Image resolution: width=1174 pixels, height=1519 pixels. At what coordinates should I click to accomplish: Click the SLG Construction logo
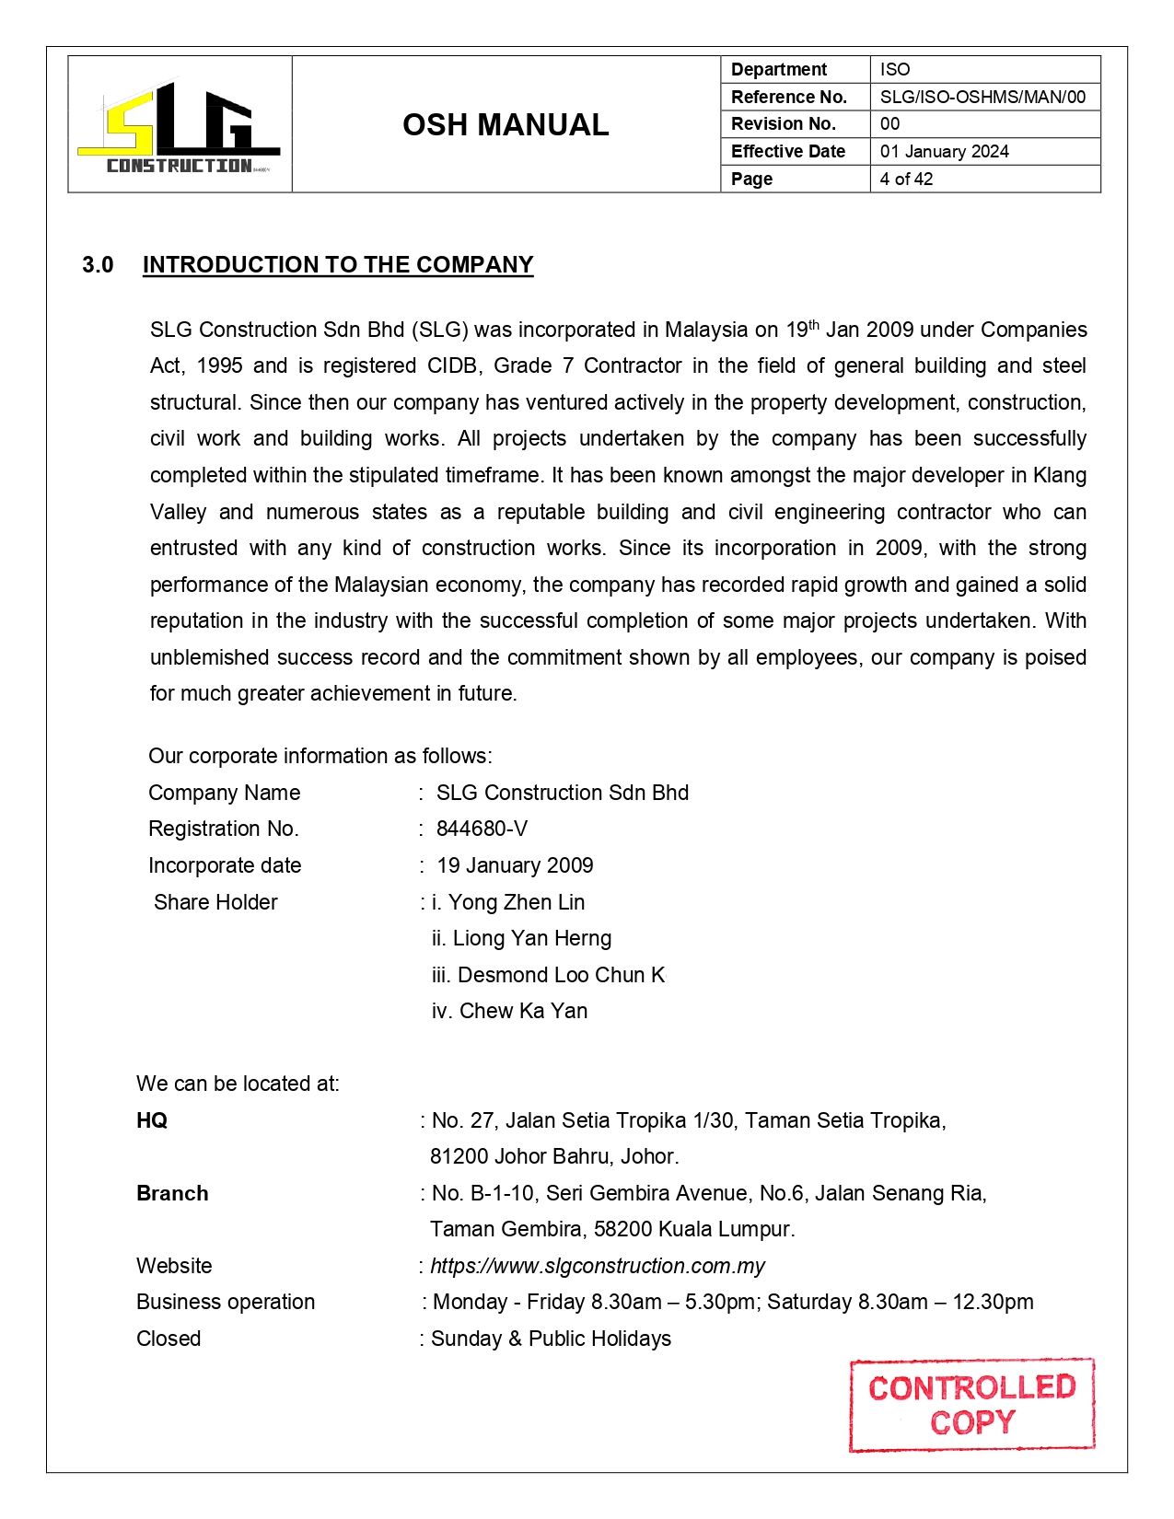[180, 126]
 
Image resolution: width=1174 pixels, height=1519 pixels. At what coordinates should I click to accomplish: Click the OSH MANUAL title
[506, 125]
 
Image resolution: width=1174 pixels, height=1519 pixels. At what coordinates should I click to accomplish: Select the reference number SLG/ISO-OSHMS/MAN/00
[982, 97]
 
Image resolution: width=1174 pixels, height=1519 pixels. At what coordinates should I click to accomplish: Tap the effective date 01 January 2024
[944, 151]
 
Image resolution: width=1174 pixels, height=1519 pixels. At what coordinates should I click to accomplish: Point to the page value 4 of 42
[906, 179]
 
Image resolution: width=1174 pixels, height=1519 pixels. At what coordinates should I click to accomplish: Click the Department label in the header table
[779, 69]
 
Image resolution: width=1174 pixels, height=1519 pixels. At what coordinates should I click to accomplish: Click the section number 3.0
[98, 265]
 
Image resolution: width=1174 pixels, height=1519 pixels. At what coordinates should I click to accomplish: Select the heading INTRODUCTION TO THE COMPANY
[338, 265]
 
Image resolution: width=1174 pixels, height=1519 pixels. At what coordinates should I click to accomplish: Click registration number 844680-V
[482, 829]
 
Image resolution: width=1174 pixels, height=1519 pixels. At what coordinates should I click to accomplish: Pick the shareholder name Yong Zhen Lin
[517, 902]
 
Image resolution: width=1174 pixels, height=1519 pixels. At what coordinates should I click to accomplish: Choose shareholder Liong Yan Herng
[532, 938]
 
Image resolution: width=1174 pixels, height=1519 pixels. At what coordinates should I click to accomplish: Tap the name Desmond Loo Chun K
[561, 975]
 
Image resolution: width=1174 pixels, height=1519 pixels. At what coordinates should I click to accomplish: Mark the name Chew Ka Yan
[523, 1011]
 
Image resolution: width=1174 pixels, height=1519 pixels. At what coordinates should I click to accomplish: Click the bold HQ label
[152, 1120]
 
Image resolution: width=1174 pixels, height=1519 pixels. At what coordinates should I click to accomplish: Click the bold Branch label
[172, 1193]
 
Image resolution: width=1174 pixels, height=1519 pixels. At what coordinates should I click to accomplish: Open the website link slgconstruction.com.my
[598, 1266]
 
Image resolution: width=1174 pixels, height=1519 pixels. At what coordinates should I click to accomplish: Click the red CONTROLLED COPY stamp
[971, 1405]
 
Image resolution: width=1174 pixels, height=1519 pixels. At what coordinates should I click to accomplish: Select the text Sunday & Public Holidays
[551, 1339]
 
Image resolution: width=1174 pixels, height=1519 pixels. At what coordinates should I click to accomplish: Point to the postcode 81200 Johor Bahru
[554, 1156]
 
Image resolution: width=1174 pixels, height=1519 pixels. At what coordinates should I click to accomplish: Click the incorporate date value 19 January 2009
[515, 865]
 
